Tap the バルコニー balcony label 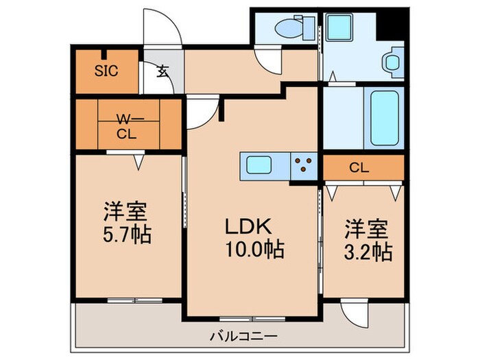(x=243, y=336)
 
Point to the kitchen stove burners (x=303, y=165)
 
